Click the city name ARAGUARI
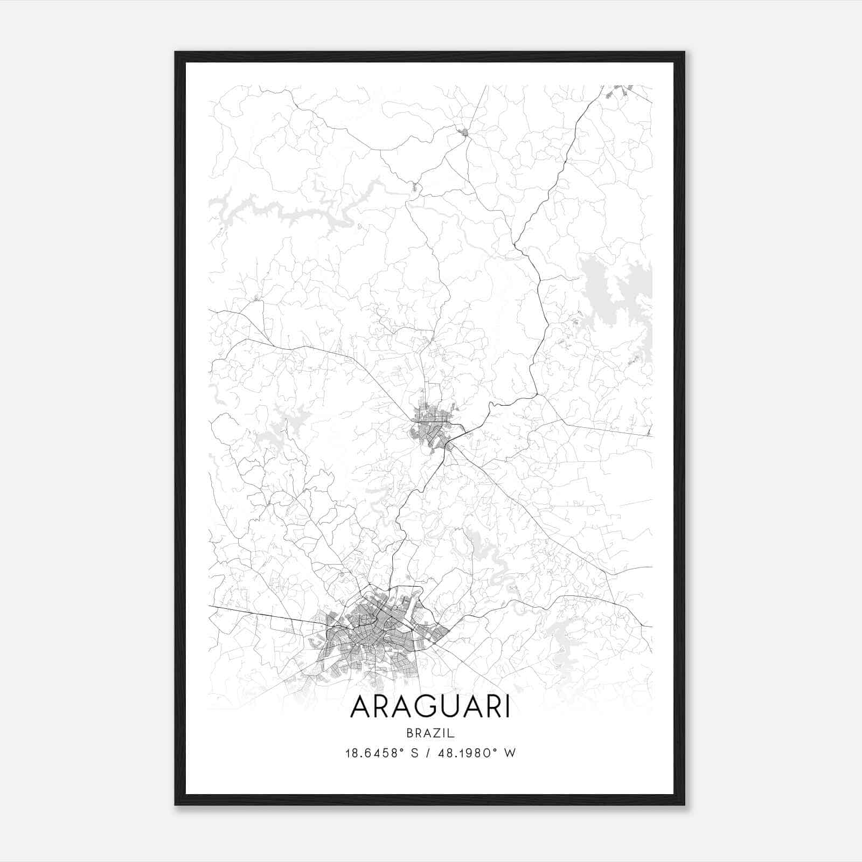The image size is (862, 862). coord(430,707)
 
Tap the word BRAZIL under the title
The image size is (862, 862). coord(430,733)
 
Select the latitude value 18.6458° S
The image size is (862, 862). coord(382,753)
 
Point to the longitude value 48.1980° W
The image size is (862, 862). coord(478,753)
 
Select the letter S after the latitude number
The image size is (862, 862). coord(414,753)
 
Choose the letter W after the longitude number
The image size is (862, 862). coord(510,753)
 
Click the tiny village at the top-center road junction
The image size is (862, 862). coord(462,131)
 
